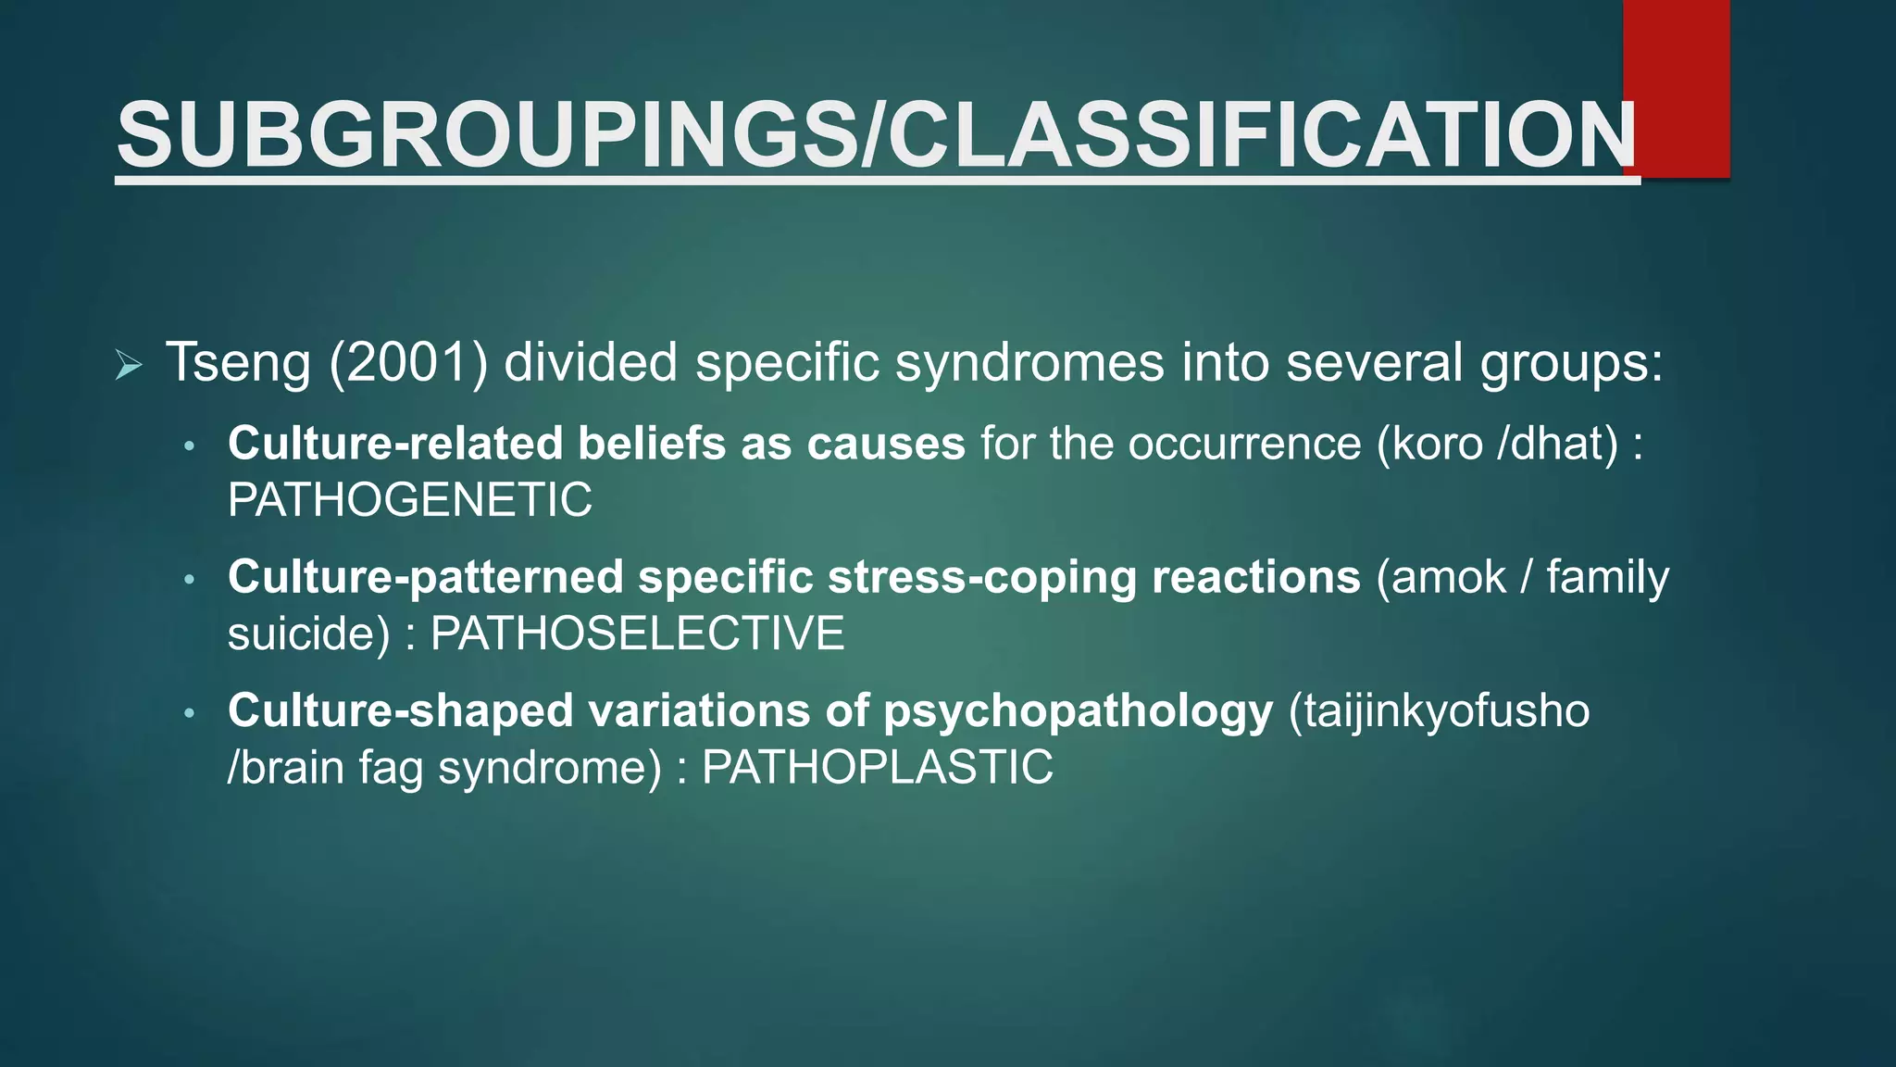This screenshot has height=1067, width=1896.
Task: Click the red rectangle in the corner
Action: click(x=1676, y=88)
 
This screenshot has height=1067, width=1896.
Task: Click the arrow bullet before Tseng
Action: click(x=129, y=365)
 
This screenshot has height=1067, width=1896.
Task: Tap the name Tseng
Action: click(x=238, y=362)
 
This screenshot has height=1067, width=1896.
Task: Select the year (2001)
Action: click(x=408, y=362)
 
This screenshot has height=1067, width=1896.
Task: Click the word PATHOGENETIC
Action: click(x=409, y=500)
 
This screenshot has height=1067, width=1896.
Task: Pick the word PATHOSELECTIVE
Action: click(x=637, y=634)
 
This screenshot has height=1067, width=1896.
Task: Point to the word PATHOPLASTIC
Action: click(x=877, y=767)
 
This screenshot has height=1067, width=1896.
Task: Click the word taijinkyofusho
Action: click(x=1440, y=711)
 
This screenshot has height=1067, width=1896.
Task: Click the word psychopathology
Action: click(x=1079, y=711)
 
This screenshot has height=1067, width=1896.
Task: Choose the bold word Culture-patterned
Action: click(x=426, y=577)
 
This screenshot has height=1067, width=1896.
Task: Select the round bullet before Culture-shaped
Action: click(x=190, y=713)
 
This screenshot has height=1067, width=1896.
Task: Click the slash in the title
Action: click(x=872, y=136)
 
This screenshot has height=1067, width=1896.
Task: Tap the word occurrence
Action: click(x=1244, y=444)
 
